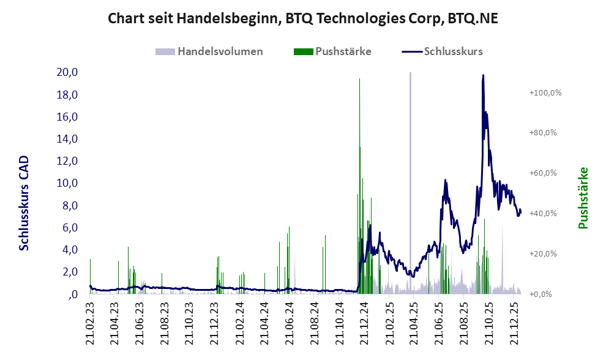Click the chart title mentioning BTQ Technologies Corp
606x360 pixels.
pos(302,18)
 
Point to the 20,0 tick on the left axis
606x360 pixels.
pos(67,72)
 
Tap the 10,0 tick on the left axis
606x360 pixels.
pos(67,183)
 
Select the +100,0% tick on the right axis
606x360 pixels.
pos(545,93)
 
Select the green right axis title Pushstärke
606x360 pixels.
pos(583,198)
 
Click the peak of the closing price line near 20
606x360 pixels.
pos(483,76)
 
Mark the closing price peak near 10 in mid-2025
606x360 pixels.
pos(446,181)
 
